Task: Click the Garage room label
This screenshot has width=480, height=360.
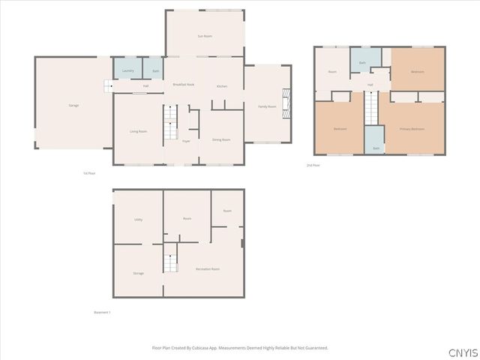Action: point(73,105)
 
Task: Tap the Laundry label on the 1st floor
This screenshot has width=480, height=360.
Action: point(128,70)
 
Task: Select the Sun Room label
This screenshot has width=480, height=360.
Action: point(204,35)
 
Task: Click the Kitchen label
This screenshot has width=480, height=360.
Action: point(222,87)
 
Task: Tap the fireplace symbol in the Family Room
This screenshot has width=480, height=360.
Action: point(285,100)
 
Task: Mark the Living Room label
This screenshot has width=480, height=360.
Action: point(138,131)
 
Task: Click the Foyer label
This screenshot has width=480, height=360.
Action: point(185,139)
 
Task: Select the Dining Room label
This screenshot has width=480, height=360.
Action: point(221,139)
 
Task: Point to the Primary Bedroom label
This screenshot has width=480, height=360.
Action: point(412,128)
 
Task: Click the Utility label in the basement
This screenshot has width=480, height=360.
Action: point(138,220)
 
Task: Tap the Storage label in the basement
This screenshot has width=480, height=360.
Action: point(138,273)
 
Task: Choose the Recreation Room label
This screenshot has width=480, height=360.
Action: point(208,268)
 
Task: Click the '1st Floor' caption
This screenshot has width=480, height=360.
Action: point(89,173)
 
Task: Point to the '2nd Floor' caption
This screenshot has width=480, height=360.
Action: point(313,164)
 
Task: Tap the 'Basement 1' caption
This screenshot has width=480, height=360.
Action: point(102,312)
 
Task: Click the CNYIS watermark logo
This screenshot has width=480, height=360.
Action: point(460,352)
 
